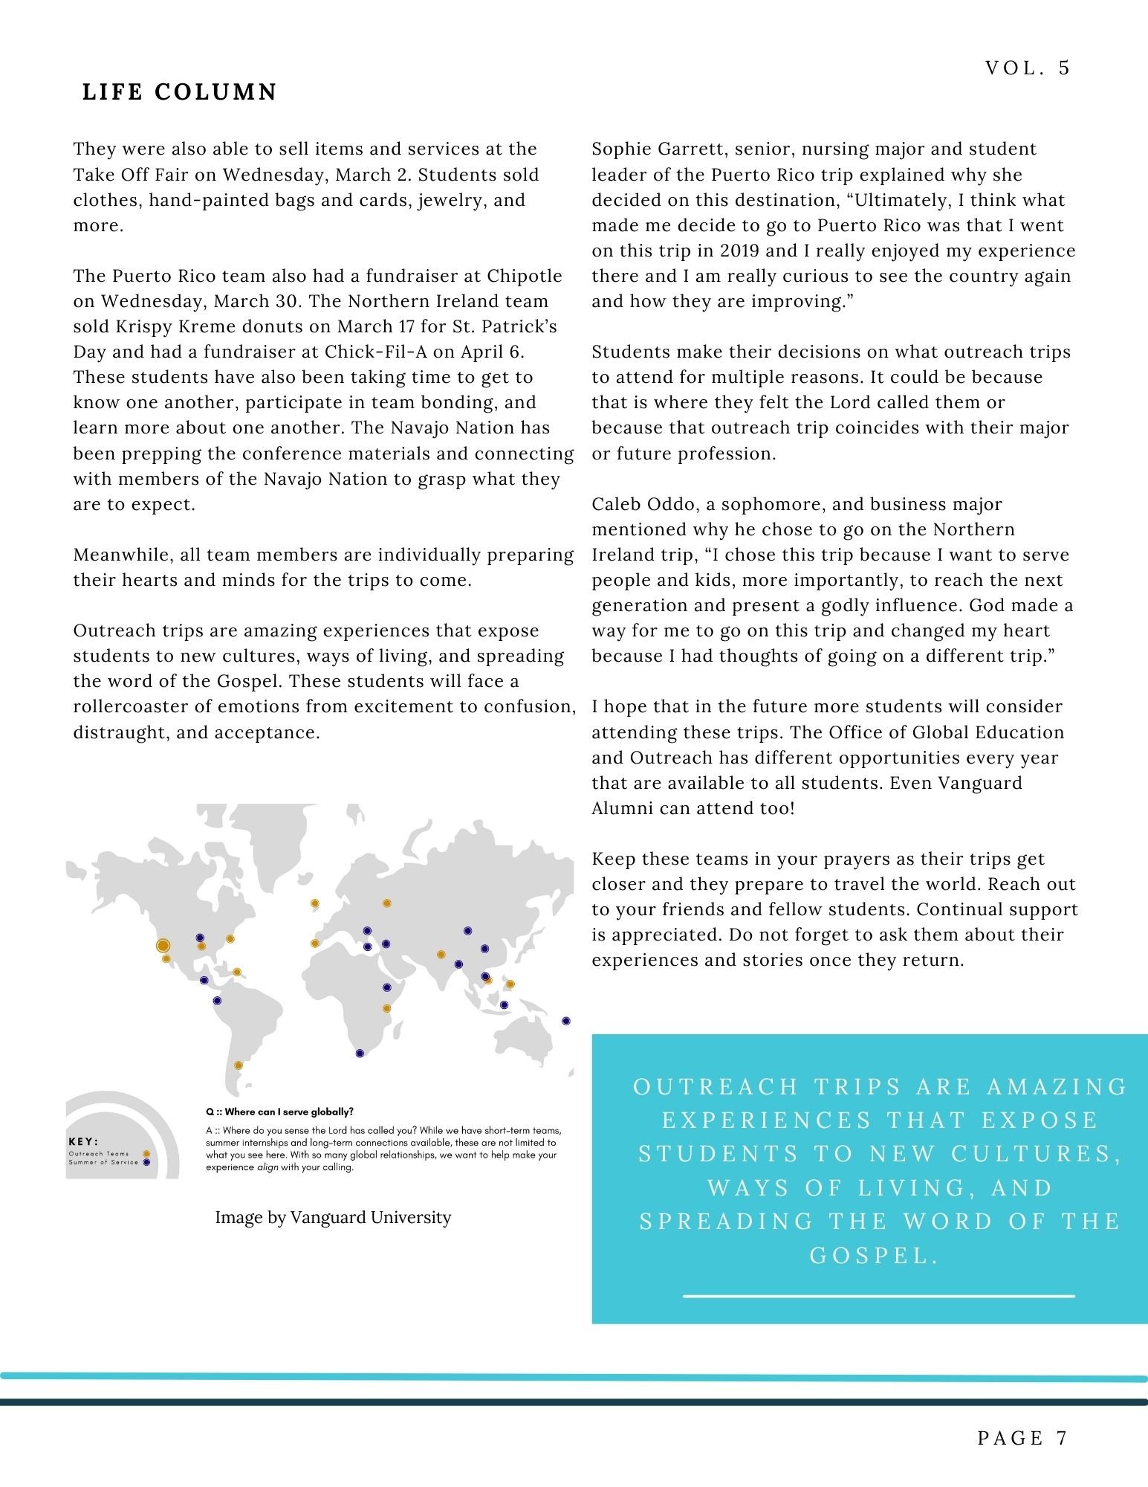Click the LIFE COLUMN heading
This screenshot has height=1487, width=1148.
pyautogui.click(x=179, y=92)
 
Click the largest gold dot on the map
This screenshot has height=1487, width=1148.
pyautogui.click(x=163, y=945)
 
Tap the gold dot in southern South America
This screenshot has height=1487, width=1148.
pyautogui.click(x=239, y=1065)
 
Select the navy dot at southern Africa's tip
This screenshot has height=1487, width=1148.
pyautogui.click(x=360, y=1053)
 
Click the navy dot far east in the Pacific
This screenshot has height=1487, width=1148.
pyautogui.click(x=566, y=1021)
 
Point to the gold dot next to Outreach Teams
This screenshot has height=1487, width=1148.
pyautogui.click(x=146, y=1154)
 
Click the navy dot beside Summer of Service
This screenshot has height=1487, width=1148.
pyautogui.click(x=146, y=1162)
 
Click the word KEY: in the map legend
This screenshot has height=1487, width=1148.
pyautogui.click(x=84, y=1142)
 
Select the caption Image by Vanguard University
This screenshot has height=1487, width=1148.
pyautogui.click(x=333, y=1218)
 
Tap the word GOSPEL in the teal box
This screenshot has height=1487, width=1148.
pyautogui.click(x=869, y=1255)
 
